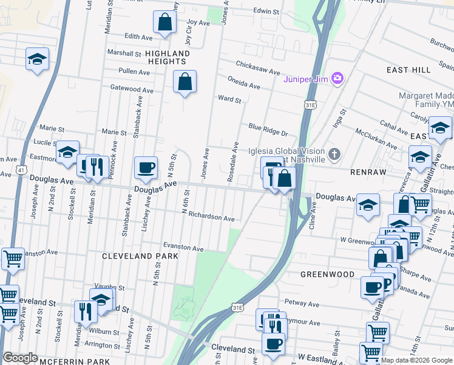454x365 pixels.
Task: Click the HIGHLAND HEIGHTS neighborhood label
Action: [167, 58]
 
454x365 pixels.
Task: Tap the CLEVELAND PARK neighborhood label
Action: [140, 256]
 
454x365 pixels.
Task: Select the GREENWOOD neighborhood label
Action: [328, 274]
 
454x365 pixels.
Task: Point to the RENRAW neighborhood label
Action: [368, 172]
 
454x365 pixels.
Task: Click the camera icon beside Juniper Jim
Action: [337, 79]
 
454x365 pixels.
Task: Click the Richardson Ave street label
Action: [211, 217]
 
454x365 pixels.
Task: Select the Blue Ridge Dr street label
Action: [268, 130]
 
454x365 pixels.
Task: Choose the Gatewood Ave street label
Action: [132, 89]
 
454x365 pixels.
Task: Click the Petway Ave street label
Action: [302, 304]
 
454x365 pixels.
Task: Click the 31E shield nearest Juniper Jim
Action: [311, 105]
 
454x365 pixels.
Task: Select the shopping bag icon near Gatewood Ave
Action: [185, 82]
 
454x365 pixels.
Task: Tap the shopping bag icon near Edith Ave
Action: [164, 23]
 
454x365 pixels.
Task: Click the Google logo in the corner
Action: [20, 358]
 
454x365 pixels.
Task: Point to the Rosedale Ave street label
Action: [232, 163]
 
